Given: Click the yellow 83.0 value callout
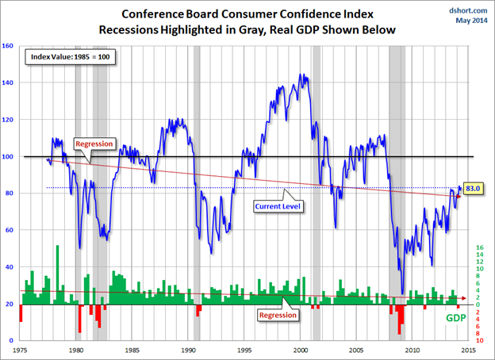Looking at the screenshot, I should tap(474, 188).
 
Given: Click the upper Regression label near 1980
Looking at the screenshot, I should tap(95, 144).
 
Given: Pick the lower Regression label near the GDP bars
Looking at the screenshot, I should tap(279, 314).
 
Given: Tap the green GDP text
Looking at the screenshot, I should tap(455, 318).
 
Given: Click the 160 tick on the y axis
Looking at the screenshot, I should tap(10, 46).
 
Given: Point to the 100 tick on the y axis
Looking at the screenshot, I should tap(10, 156).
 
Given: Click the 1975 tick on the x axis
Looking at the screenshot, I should tap(21, 348).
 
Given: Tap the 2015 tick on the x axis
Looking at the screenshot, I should tap(469, 348).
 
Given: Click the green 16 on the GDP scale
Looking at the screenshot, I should tap(481, 248).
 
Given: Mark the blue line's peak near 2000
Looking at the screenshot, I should tap(300, 75).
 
